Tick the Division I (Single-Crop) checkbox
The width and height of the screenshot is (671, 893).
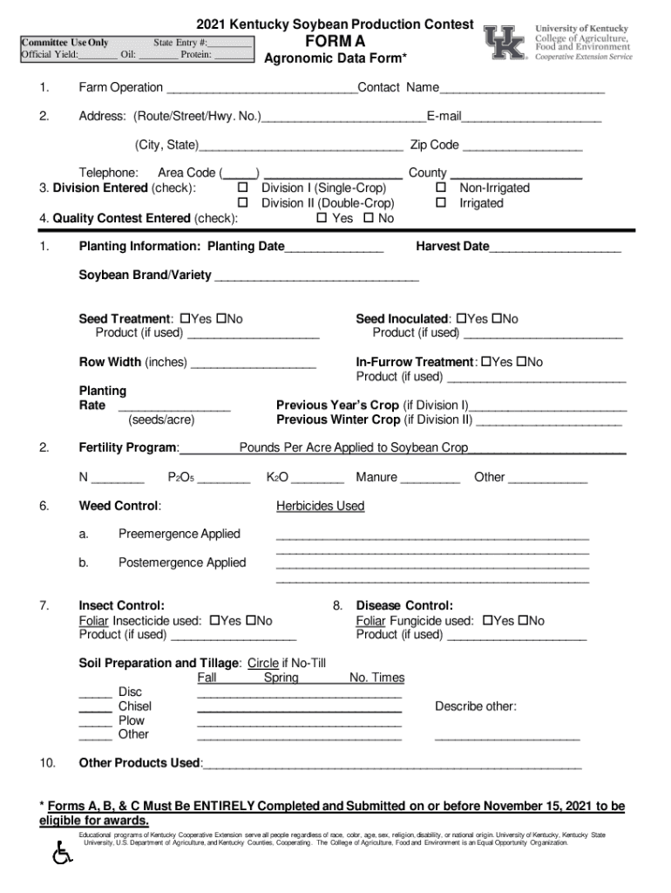coord(244,188)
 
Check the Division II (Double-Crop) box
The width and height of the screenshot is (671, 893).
coord(244,203)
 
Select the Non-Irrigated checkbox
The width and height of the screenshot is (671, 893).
coord(441,188)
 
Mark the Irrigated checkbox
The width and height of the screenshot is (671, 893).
coord(441,203)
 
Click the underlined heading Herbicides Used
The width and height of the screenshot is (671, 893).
coord(320,506)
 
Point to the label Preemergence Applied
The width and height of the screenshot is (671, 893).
coord(180,534)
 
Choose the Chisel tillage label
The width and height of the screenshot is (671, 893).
coord(135,706)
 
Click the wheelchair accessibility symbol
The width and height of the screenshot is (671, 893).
coord(63,852)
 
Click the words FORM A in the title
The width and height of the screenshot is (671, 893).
coord(335,42)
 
